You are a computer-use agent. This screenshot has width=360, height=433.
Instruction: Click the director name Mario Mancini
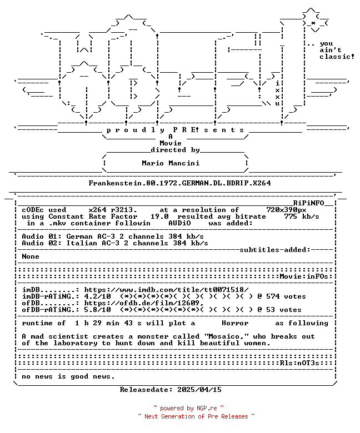(x=171, y=163)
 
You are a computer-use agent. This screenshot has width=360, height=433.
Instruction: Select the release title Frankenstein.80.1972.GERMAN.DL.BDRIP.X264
(x=179, y=183)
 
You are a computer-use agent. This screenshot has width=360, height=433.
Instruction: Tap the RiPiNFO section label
(x=308, y=203)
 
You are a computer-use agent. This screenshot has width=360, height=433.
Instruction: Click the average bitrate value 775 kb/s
(x=302, y=216)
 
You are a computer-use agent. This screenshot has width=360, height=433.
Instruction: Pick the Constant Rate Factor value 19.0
(x=159, y=216)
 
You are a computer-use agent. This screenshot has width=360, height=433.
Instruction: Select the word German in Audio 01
(x=79, y=236)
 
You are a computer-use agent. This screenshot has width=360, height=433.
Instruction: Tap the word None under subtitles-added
(x=31, y=256)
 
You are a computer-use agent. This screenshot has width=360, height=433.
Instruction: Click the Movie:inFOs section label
(x=304, y=276)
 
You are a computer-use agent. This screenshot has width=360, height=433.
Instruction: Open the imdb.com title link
(x=166, y=290)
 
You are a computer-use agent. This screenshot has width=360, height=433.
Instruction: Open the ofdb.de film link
(x=144, y=303)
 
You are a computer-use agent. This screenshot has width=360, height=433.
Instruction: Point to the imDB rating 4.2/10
(x=98, y=296)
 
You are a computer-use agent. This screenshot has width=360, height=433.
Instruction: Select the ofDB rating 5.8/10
(x=98, y=310)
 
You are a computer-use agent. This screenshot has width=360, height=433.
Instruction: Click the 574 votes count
(x=286, y=296)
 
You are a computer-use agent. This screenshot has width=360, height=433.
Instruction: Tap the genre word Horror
(x=235, y=323)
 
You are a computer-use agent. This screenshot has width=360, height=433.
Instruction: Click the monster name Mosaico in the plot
(x=224, y=336)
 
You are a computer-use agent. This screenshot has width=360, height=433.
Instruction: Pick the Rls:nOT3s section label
(x=299, y=363)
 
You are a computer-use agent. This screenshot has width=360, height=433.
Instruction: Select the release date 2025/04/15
(x=199, y=390)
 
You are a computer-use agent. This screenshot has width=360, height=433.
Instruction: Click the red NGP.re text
(x=207, y=408)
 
